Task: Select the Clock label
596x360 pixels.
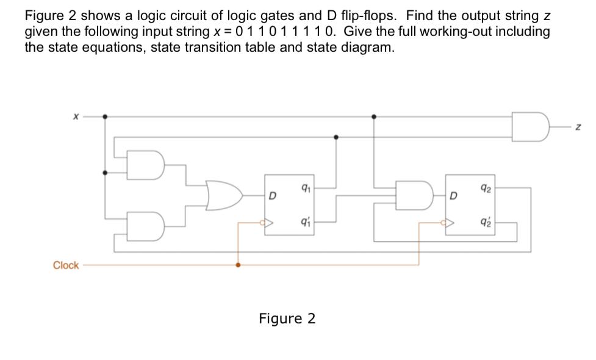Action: pos(66,265)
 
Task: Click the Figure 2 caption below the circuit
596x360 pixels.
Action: pos(287,319)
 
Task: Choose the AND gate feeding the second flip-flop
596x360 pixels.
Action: pos(412,195)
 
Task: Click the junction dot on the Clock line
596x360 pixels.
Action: pos(237,265)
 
